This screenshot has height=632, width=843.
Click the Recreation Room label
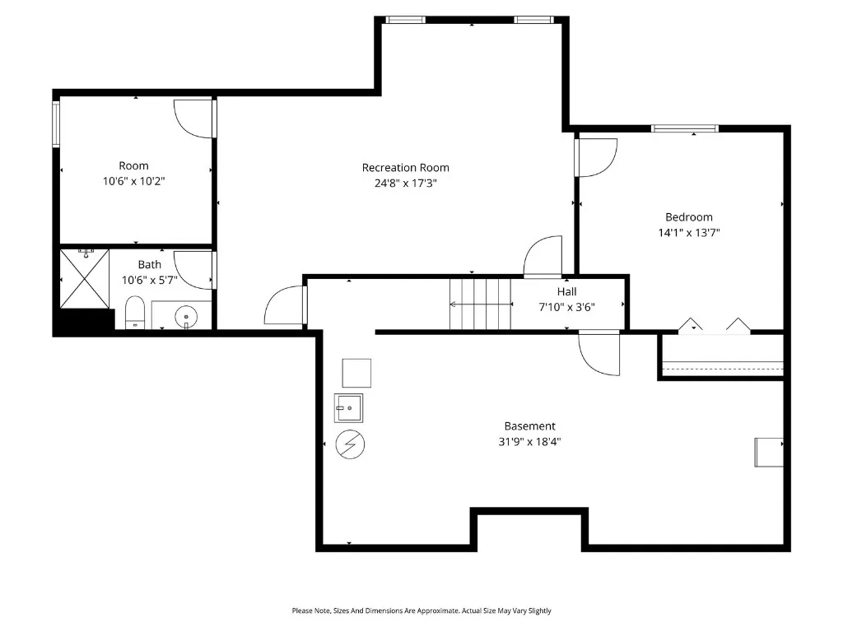(x=405, y=168)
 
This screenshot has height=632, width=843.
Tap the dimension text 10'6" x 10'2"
(x=134, y=181)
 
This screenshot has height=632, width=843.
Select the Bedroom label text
(x=689, y=217)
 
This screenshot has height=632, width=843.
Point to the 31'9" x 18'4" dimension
(x=529, y=442)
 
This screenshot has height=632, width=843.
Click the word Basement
(x=529, y=426)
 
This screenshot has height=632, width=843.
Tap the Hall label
(x=566, y=292)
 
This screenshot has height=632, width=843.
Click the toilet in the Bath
(x=135, y=312)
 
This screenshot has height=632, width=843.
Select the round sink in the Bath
(x=186, y=317)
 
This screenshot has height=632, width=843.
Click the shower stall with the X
(x=85, y=279)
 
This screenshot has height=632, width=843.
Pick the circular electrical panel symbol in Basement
(x=350, y=444)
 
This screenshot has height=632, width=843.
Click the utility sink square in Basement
(x=348, y=408)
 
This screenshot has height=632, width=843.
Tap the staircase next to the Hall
(x=480, y=304)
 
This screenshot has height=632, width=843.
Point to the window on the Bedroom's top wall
(x=685, y=128)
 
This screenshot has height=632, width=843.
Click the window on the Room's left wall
(x=56, y=124)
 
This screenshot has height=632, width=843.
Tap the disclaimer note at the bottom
(x=421, y=611)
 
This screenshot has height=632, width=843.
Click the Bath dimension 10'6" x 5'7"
(x=150, y=280)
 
